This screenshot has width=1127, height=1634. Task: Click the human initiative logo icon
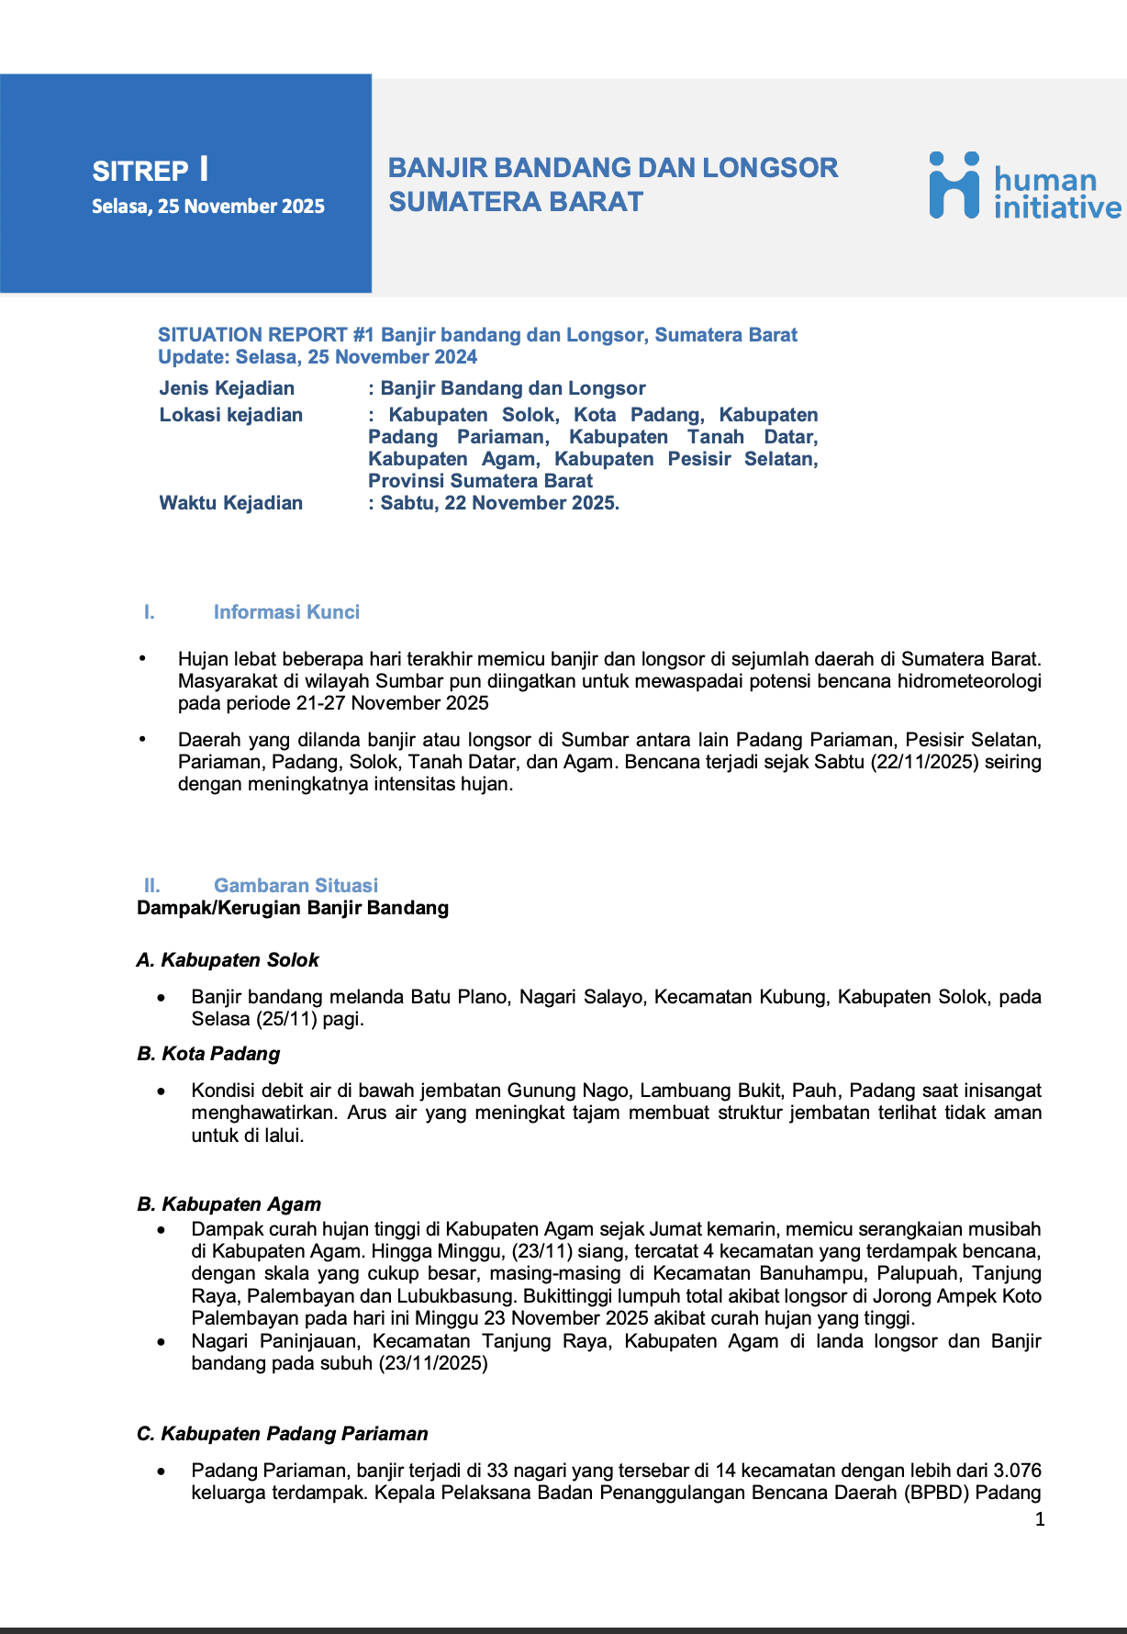point(954,185)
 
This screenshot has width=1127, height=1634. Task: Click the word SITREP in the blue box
point(140,172)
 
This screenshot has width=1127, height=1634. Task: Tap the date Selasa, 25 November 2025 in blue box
point(208,207)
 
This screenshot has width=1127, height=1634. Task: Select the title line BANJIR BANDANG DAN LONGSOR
point(612,168)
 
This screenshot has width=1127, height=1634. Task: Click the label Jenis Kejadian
point(227,388)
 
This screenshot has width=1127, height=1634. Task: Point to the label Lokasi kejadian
point(231,415)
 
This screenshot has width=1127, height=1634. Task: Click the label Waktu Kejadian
point(231,503)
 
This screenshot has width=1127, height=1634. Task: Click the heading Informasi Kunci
point(286,612)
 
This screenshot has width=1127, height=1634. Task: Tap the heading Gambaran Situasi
point(296,886)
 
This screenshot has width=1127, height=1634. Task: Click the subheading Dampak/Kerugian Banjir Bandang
point(293,908)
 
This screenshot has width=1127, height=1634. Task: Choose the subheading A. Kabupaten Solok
point(228,960)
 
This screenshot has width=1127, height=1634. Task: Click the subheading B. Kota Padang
point(208,1054)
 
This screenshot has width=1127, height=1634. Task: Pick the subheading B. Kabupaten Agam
point(229,1204)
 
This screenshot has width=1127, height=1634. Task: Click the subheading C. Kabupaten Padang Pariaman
point(282,1434)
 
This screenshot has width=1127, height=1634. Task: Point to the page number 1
point(1040,1520)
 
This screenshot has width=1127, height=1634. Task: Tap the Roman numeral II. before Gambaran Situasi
point(152,886)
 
